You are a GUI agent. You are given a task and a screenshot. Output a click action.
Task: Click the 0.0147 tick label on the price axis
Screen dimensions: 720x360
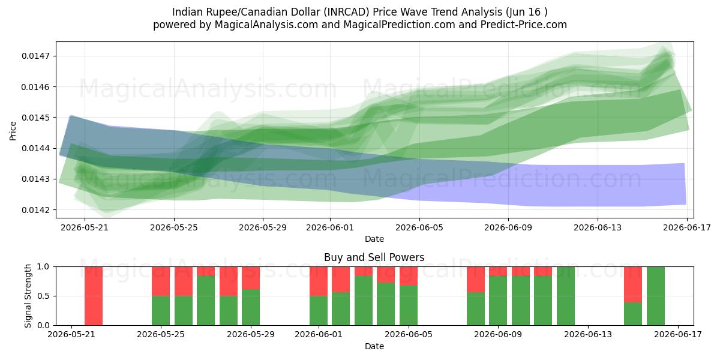point(35,56)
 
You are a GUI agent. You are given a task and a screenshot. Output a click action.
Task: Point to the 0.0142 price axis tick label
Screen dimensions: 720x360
point(35,210)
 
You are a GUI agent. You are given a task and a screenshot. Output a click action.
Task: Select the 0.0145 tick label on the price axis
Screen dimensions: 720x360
point(35,118)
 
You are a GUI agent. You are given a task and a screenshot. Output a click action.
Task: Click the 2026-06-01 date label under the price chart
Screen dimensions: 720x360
point(330,227)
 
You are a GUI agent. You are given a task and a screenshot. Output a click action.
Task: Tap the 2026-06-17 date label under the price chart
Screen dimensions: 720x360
point(687,227)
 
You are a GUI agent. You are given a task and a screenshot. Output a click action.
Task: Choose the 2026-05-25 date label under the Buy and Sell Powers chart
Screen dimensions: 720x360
point(161,334)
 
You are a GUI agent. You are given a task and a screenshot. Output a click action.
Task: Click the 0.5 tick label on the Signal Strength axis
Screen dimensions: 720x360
point(43,296)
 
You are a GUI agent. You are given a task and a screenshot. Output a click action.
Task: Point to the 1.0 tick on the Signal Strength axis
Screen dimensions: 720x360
point(43,267)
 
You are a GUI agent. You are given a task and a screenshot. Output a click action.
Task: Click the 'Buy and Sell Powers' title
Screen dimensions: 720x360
point(374,257)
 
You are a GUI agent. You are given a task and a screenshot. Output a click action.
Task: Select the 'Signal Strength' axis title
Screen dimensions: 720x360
point(28,296)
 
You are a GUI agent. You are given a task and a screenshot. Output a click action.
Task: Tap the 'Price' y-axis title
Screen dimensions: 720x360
point(13,131)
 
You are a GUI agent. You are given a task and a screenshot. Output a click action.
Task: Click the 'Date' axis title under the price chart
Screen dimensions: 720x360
point(374,239)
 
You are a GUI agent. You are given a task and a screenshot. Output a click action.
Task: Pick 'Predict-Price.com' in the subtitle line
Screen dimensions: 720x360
point(524,25)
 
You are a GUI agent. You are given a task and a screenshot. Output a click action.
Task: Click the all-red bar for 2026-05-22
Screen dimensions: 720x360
point(94,296)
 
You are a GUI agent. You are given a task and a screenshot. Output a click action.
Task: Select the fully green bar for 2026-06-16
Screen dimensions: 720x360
point(656,296)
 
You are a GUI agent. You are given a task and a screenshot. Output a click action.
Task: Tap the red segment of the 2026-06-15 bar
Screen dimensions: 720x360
point(633,285)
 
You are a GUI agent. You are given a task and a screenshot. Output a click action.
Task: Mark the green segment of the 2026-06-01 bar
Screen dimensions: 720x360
point(319,311)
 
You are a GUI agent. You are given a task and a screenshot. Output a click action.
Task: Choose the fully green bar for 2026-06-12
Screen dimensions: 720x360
point(566,296)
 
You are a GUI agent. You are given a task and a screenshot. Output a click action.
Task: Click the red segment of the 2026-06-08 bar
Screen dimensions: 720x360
point(476,280)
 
